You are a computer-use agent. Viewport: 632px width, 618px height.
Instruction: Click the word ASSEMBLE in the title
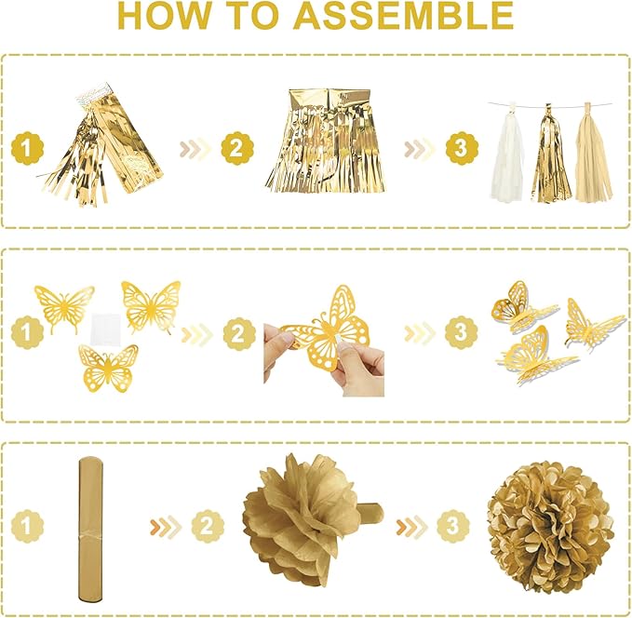[405, 16]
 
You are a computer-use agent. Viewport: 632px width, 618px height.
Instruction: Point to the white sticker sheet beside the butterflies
[107, 322]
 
